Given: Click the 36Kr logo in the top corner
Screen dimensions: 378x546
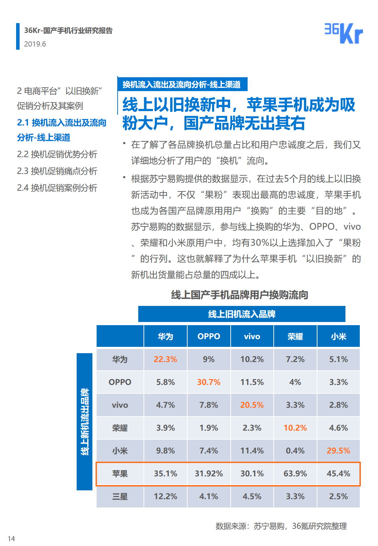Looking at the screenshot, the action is pyautogui.click(x=343, y=33).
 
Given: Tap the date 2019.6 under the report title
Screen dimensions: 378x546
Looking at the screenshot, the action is pyautogui.click(x=35, y=44).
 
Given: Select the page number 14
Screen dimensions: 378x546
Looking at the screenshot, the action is pyautogui.click(x=11, y=538).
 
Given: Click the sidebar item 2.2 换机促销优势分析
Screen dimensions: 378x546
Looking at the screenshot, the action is pyautogui.click(x=57, y=154).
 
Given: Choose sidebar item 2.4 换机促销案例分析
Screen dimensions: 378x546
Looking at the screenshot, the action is pyautogui.click(x=57, y=188).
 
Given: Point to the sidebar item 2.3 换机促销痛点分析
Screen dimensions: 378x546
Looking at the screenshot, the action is pyautogui.click(x=57, y=171).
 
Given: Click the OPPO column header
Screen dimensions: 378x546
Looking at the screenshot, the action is pyautogui.click(x=209, y=336).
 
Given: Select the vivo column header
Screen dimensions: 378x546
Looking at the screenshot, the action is pyautogui.click(x=252, y=336).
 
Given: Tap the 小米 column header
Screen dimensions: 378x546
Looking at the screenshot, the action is pyautogui.click(x=338, y=336).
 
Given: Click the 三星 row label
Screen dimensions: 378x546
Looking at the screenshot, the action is pyautogui.click(x=120, y=496).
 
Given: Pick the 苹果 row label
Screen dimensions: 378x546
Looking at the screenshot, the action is pyautogui.click(x=120, y=473).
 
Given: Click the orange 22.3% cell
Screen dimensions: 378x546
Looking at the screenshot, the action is pyautogui.click(x=166, y=359).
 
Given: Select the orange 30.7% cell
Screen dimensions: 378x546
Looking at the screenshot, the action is pyautogui.click(x=209, y=382).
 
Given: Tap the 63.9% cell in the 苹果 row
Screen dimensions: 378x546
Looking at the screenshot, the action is pyautogui.click(x=295, y=473).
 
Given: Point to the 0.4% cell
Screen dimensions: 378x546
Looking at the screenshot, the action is pyautogui.click(x=295, y=450).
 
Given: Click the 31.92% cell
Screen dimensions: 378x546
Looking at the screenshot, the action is pyautogui.click(x=209, y=473).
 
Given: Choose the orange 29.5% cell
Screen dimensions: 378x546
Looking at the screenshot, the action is pyautogui.click(x=338, y=450).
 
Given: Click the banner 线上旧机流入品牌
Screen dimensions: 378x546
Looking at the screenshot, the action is pyautogui.click(x=242, y=314).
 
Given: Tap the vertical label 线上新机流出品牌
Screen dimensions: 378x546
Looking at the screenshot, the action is pyautogui.click(x=85, y=422).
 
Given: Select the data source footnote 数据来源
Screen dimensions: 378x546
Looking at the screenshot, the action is pyautogui.click(x=281, y=526).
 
